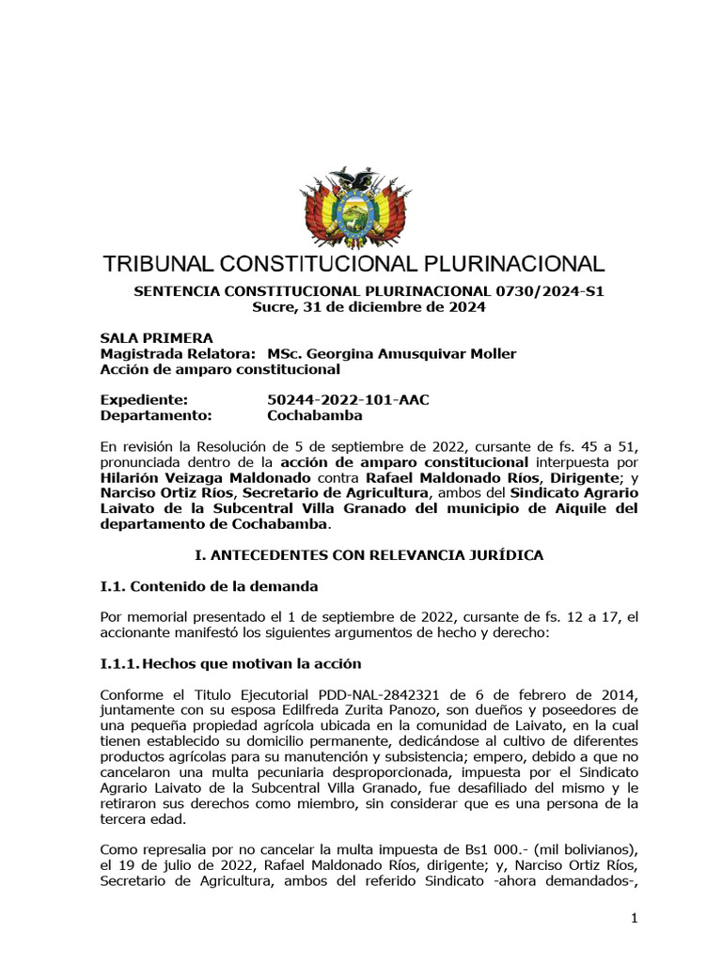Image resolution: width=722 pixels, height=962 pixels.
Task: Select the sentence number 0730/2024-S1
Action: pyautogui.click(x=549, y=291)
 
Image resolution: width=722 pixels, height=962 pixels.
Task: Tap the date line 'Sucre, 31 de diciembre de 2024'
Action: pyautogui.click(x=369, y=307)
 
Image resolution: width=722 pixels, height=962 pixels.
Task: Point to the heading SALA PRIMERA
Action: pyautogui.click(x=156, y=338)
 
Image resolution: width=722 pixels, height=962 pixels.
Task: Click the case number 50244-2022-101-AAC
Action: pyautogui.click(x=348, y=400)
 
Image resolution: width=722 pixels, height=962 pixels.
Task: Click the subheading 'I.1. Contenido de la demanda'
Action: pyautogui.click(x=209, y=586)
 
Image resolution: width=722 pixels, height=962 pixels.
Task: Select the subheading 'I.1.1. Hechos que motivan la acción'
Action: pyautogui.click(x=230, y=663)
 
